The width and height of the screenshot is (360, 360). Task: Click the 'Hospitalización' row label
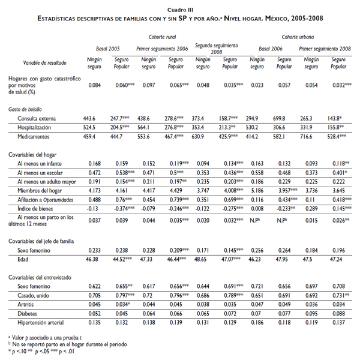click(35, 127)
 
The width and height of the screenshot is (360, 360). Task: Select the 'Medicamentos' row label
click(34, 137)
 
